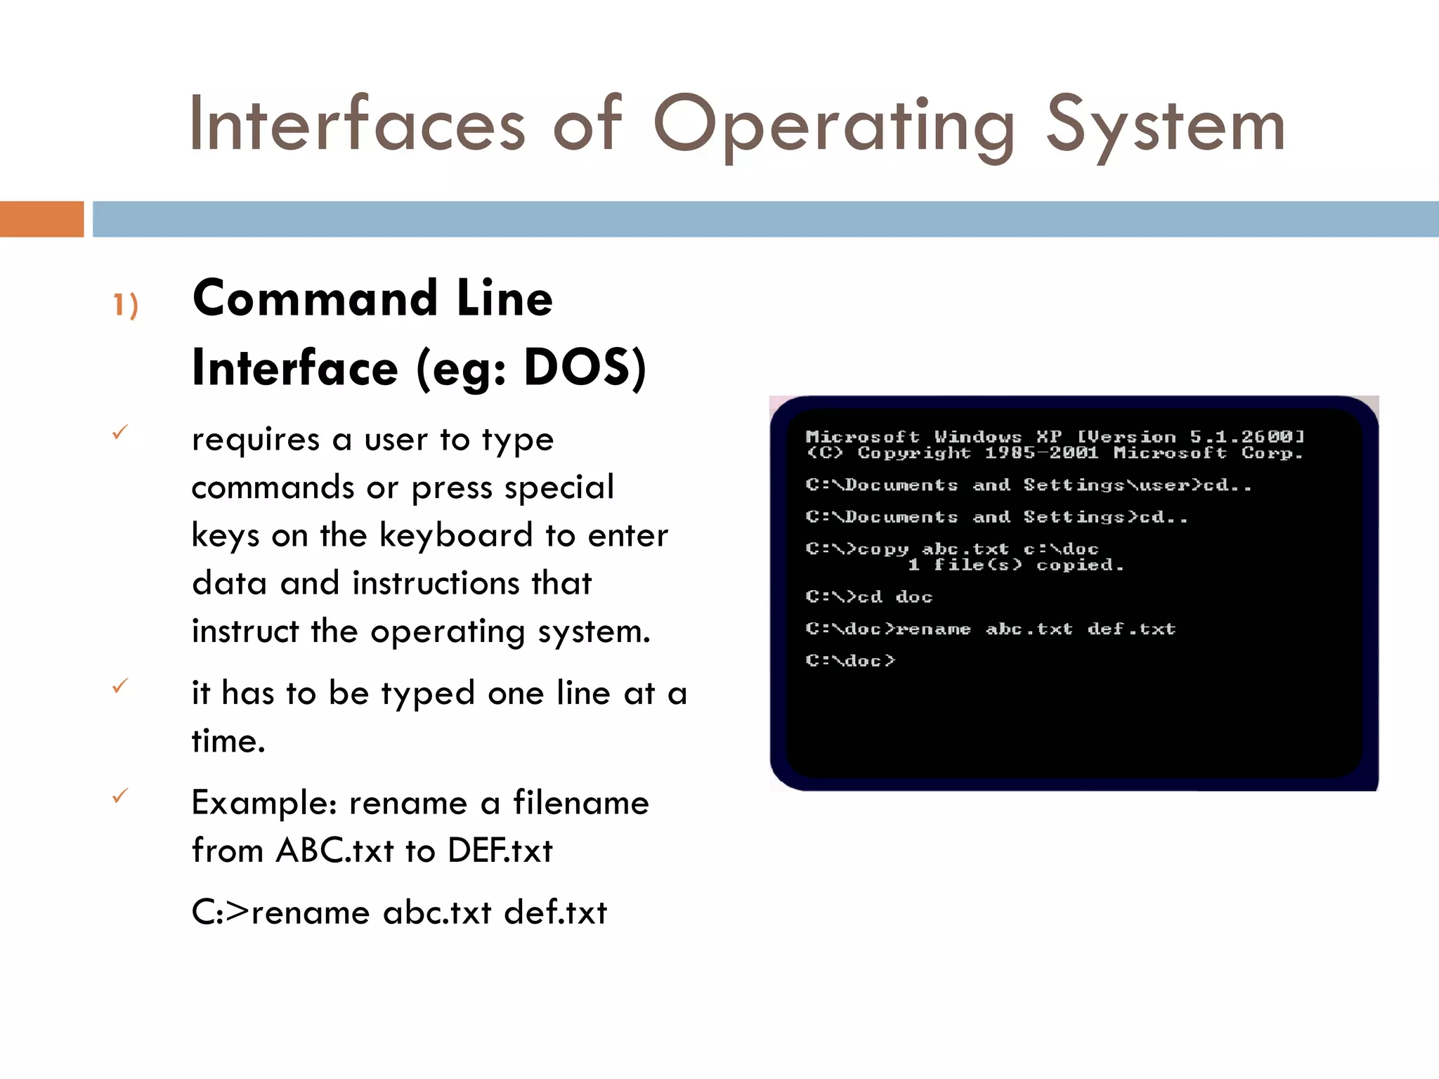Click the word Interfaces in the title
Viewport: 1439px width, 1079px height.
pyautogui.click(x=357, y=125)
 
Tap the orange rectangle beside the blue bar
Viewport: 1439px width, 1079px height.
pyautogui.click(x=41, y=219)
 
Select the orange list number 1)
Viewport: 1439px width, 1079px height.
pyautogui.click(x=126, y=305)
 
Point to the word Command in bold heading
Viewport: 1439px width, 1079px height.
pyautogui.click(x=316, y=299)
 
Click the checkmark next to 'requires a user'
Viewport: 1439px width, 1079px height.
pyautogui.click(x=121, y=432)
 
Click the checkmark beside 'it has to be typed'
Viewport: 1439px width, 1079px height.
pyautogui.click(x=121, y=686)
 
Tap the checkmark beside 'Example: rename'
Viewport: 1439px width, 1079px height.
pyautogui.click(x=121, y=796)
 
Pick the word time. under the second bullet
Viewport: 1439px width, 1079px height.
pyautogui.click(x=228, y=741)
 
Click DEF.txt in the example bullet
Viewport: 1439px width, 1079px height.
pyautogui.click(x=500, y=851)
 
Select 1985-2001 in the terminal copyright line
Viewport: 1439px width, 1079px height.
pyautogui.click(x=1041, y=453)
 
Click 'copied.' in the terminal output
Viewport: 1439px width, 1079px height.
pyautogui.click(x=1080, y=565)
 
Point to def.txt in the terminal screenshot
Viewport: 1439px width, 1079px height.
pyautogui.click(x=1131, y=629)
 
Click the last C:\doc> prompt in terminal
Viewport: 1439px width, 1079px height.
pyautogui.click(x=850, y=660)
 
